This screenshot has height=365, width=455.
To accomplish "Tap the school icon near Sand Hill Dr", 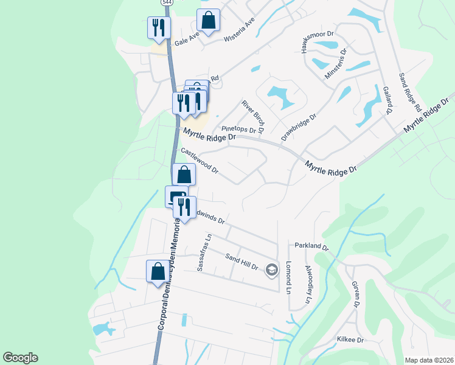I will pyautogui.click(x=272, y=269).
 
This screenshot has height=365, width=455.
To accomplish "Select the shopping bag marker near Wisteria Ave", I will pyautogui.click(x=208, y=21).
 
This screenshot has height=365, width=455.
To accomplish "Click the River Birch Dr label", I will pyautogui.click(x=252, y=116).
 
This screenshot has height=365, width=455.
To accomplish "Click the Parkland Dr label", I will pyautogui.click(x=311, y=248).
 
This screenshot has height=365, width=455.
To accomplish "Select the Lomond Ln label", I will pyautogui.click(x=289, y=276).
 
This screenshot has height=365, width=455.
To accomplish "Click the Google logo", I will pyautogui.click(x=20, y=358).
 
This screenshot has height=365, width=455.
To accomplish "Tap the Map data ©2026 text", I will pyautogui.click(x=429, y=360).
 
